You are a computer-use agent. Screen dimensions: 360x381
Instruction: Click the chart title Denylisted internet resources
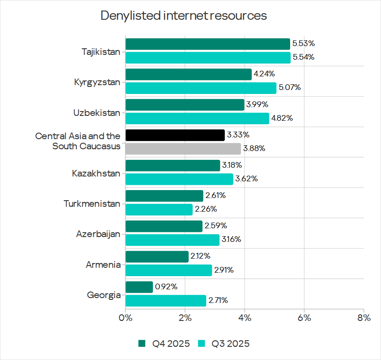183,16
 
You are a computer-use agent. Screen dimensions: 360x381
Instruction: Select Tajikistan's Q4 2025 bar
208,44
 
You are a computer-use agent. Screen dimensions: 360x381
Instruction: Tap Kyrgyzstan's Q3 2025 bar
201,88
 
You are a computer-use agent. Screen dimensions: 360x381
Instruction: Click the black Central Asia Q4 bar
175,135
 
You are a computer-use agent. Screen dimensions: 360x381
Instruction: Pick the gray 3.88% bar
183,149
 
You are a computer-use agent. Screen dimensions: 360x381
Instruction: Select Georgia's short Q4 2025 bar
139,287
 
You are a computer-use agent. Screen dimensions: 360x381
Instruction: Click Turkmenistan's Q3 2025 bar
159,209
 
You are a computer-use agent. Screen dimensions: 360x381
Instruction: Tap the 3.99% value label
257,104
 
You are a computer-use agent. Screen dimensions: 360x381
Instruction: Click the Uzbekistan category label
97,113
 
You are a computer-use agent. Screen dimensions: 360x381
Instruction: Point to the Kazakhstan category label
96,173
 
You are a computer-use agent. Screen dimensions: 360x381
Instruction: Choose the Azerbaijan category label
98,234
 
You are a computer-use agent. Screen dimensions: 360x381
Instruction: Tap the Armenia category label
103,265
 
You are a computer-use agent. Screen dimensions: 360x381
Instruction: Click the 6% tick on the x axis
304,317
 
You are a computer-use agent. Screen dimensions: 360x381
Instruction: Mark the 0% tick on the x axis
126,317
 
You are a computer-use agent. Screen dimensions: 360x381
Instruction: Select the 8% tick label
363,317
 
